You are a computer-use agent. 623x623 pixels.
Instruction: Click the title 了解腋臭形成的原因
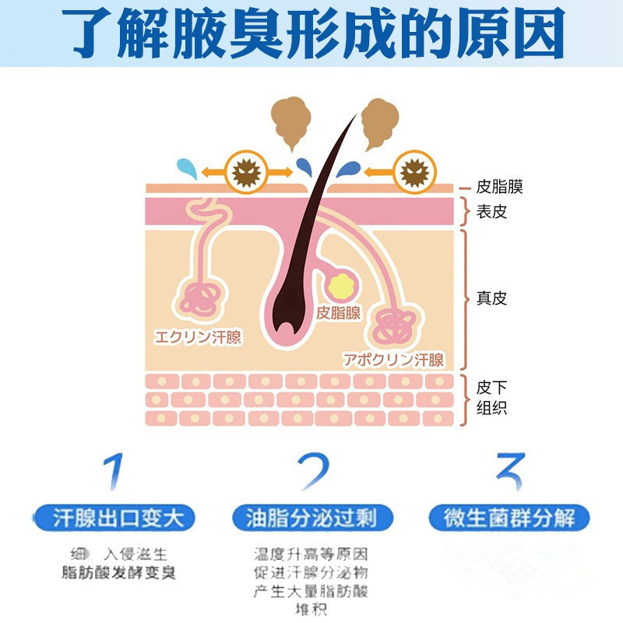click(x=311, y=33)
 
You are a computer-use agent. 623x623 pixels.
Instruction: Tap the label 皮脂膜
click(x=499, y=187)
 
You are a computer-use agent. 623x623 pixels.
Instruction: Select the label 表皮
click(x=491, y=211)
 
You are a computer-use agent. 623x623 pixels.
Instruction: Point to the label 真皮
click(x=491, y=298)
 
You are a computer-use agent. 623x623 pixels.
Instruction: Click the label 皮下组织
click(x=491, y=398)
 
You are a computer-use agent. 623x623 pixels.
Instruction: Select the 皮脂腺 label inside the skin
click(x=339, y=313)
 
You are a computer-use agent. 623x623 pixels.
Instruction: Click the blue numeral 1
click(x=114, y=472)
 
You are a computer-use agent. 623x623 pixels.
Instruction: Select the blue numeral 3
click(x=509, y=472)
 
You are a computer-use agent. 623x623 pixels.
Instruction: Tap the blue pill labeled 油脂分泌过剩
click(x=311, y=518)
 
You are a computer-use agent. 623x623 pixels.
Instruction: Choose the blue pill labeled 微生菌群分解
click(x=509, y=518)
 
